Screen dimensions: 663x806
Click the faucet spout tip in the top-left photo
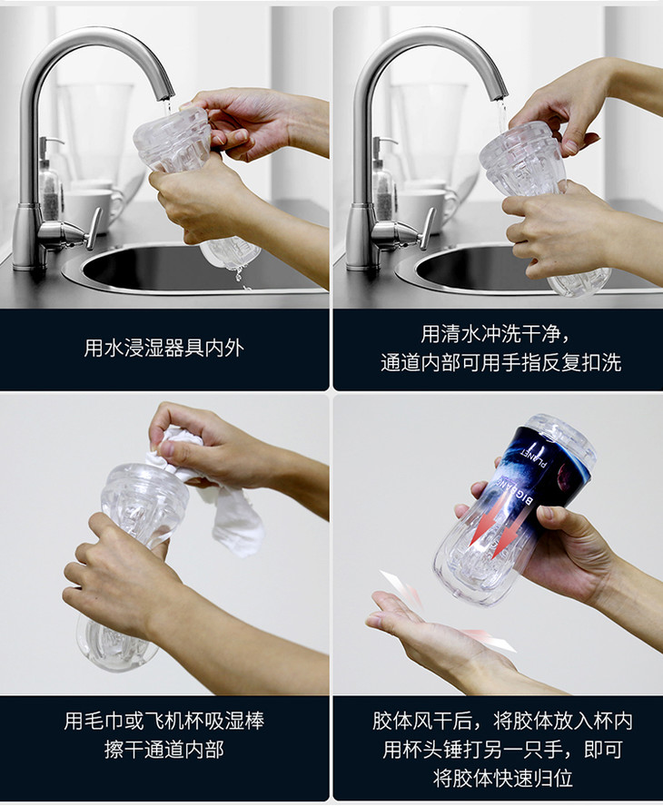[165, 95]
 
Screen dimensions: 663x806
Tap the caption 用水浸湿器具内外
[164, 348]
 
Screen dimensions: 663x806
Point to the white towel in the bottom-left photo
[216, 494]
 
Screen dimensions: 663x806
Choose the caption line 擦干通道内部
[164, 750]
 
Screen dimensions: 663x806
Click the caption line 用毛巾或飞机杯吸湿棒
[164, 721]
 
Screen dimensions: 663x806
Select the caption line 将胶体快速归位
[502, 778]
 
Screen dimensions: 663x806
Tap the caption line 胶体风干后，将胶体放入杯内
[502, 721]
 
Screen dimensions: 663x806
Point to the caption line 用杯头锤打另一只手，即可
[502, 750]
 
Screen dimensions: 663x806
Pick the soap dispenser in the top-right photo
[383, 175]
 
